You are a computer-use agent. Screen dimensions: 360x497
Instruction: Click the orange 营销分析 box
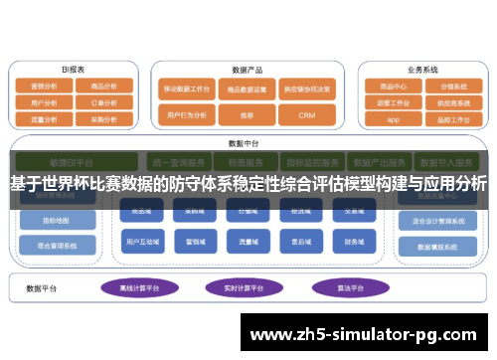[x=45, y=87]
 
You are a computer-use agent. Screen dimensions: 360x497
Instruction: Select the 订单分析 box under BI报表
[x=104, y=101]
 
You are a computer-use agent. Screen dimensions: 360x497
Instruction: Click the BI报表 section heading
[x=74, y=70]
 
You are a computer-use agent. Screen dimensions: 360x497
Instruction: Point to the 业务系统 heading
[x=421, y=70]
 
